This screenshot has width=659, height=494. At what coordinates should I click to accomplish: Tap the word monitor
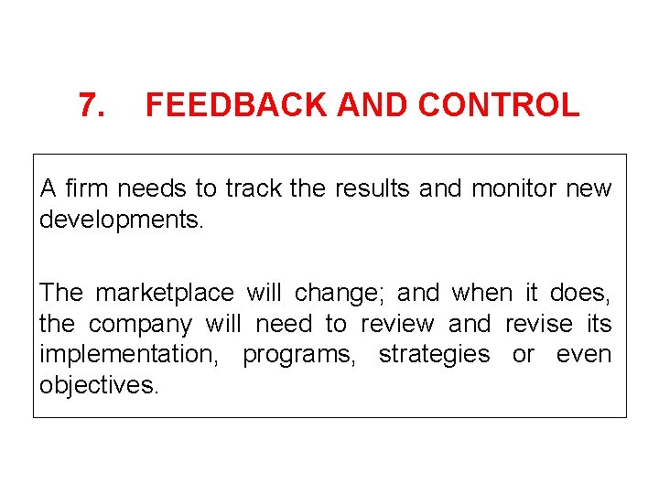point(513,188)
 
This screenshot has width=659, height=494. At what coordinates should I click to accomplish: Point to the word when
point(482,293)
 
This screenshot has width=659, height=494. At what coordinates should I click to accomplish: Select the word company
point(140,325)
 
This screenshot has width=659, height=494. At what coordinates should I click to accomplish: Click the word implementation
point(126,355)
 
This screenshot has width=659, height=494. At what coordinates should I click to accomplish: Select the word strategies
point(434,355)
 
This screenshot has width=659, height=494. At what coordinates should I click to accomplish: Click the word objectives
point(98,386)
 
